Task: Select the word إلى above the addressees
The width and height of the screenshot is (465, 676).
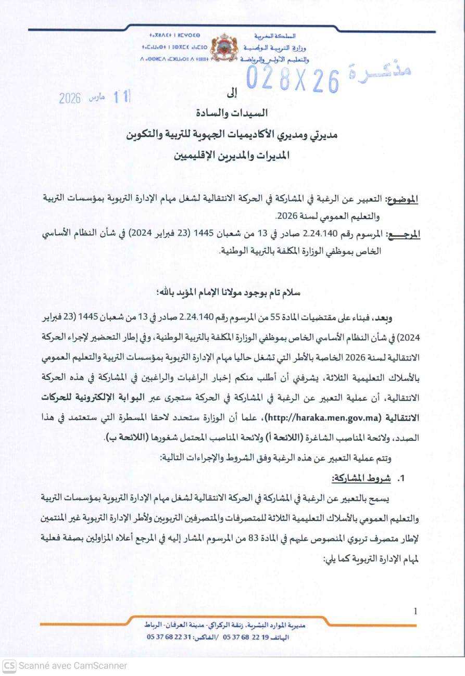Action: click(232, 94)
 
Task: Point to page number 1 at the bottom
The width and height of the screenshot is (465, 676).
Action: click(415, 611)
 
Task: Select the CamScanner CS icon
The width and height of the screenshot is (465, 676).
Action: click(9, 666)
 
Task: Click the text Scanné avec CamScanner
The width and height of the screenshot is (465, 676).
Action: click(73, 666)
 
